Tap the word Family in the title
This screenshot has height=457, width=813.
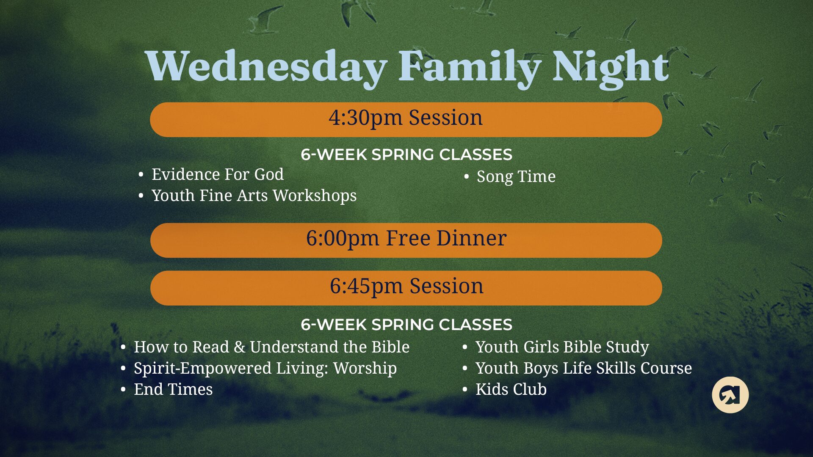pyautogui.click(x=470, y=68)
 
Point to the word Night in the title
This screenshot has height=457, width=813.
pyautogui.click(x=611, y=68)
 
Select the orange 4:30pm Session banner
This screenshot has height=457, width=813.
pyautogui.click(x=406, y=119)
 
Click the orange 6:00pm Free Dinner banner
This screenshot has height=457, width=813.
pyautogui.click(x=406, y=240)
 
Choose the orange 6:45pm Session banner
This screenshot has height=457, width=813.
pyautogui.click(x=406, y=288)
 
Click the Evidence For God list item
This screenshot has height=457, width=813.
pyautogui.click(x=218, y=174)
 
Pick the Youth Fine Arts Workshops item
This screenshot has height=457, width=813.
pyautogui.click(x=254, y=195)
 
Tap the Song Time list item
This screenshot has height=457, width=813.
pyautogui.click(x=516, y=177)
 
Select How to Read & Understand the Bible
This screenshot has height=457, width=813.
pyautogui.click(x=272, y=347)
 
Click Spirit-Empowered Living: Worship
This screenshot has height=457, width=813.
pyautogui.click(x=265, y=368)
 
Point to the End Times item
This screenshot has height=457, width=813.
pyautogui.click(x=173, y=389)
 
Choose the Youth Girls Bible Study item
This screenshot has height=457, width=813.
pyautogui.click(x=562, y=347)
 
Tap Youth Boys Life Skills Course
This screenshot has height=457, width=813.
pyautogui.click(x=584, y=368)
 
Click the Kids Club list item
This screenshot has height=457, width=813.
pyautogui.click(x=511, y=389)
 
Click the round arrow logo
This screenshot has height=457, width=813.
pyautogui.click(x=730, y=395)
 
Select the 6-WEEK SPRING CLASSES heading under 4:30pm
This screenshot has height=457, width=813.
pyautogui.click(x=406, y=155)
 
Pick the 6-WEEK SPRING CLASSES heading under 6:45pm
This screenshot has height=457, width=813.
pyautogui.click(x=406, y=325)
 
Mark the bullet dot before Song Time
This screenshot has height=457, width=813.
pyautogui.click(x=467, y=177)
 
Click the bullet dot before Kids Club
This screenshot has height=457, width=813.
pyautogui.click(x=465, y=389)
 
